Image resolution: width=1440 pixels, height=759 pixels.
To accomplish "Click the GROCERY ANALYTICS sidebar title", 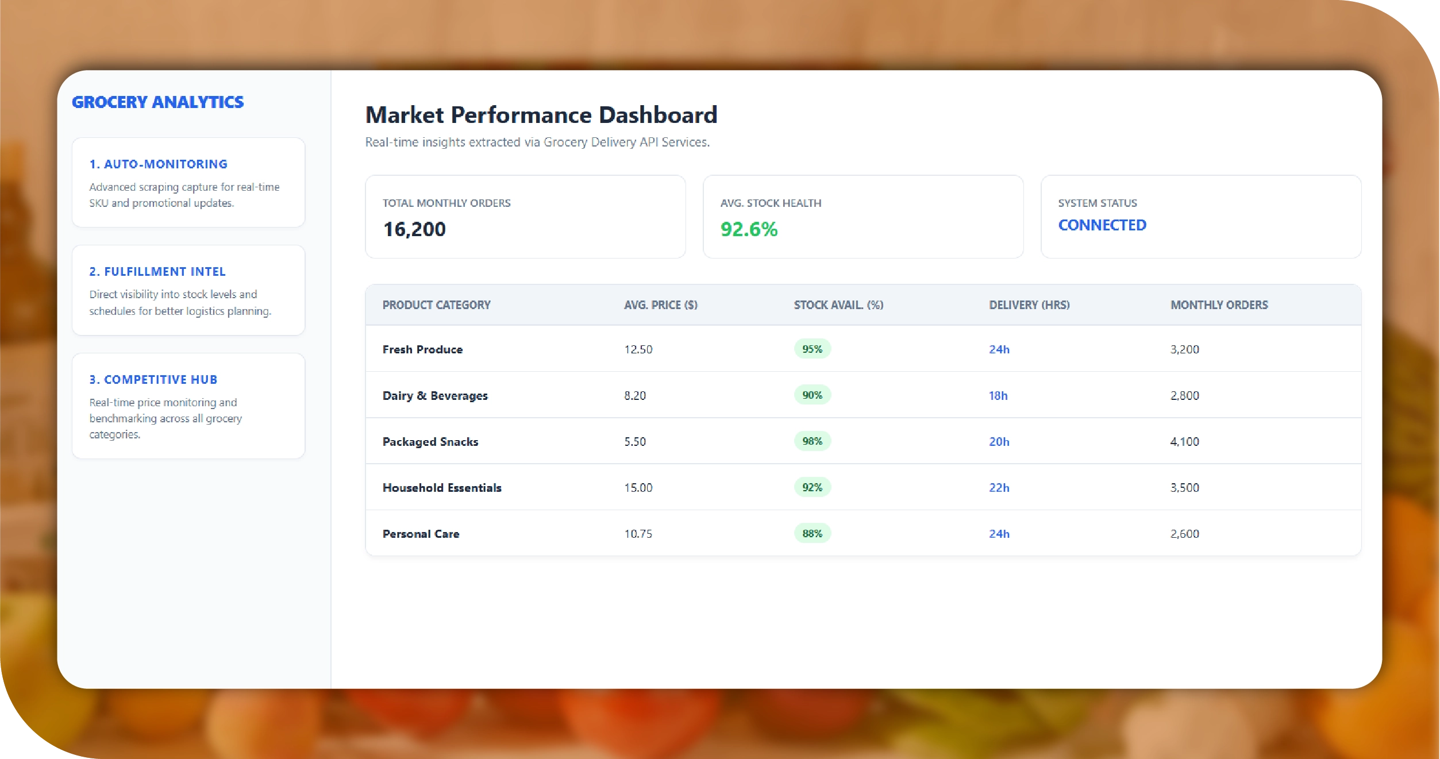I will point(157,102).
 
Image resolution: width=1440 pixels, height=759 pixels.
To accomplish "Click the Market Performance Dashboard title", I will point(541,115).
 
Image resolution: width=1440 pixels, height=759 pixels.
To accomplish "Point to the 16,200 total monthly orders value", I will point(414,229).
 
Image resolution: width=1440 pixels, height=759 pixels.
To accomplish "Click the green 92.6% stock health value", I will point(749,229).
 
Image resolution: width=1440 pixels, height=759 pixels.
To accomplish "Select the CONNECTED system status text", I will point(1102,225).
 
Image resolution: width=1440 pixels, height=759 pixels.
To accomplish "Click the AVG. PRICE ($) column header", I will point(660,305).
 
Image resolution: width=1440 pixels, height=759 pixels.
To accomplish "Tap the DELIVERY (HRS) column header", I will point(1029,305).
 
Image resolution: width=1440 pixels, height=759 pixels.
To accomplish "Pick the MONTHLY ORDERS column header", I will point(1219,305).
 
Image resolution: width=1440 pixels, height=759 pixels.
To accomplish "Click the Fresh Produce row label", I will point(422,349).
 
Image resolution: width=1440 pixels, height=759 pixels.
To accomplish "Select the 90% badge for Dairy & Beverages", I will point(812,395).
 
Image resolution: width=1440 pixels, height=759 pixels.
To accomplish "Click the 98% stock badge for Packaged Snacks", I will point(812,441).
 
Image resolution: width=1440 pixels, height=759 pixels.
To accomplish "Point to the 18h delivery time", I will point(998,396).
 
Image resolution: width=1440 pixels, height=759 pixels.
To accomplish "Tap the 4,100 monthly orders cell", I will point(1184,442).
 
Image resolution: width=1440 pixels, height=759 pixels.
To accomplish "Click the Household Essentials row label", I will point(442,488).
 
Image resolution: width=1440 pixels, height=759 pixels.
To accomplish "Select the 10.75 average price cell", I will point(638,534).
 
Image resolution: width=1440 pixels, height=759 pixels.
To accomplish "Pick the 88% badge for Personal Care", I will point(812,534).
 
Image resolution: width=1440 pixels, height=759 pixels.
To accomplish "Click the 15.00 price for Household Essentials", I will point(638,488).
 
